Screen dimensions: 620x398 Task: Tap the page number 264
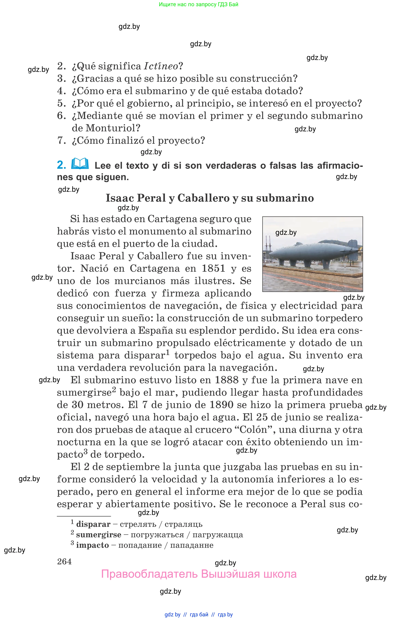(x=64, y=561)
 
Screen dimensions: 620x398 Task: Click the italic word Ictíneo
(x=161, y=66)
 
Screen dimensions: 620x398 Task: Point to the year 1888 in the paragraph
(x=227, y=380)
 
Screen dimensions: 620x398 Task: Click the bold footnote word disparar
(x=93, y=524)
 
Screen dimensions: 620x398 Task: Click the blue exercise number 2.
(x=61, y=165)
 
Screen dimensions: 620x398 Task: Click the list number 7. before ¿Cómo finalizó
(x=62, y=140)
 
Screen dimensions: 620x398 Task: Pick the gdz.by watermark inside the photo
(x=286, y=233)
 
